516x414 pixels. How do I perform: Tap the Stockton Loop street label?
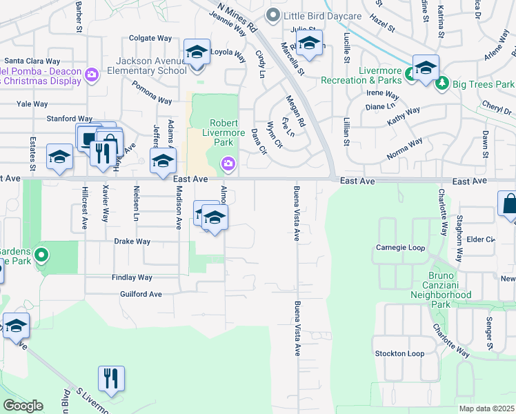399,353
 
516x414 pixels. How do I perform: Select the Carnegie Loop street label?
397,248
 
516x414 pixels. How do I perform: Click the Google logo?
23,405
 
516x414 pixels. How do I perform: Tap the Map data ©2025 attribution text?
486,408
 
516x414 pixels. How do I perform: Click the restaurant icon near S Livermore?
111,378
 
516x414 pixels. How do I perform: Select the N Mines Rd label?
237,17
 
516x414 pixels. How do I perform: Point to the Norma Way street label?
404,148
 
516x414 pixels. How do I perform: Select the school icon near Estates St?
59,157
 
